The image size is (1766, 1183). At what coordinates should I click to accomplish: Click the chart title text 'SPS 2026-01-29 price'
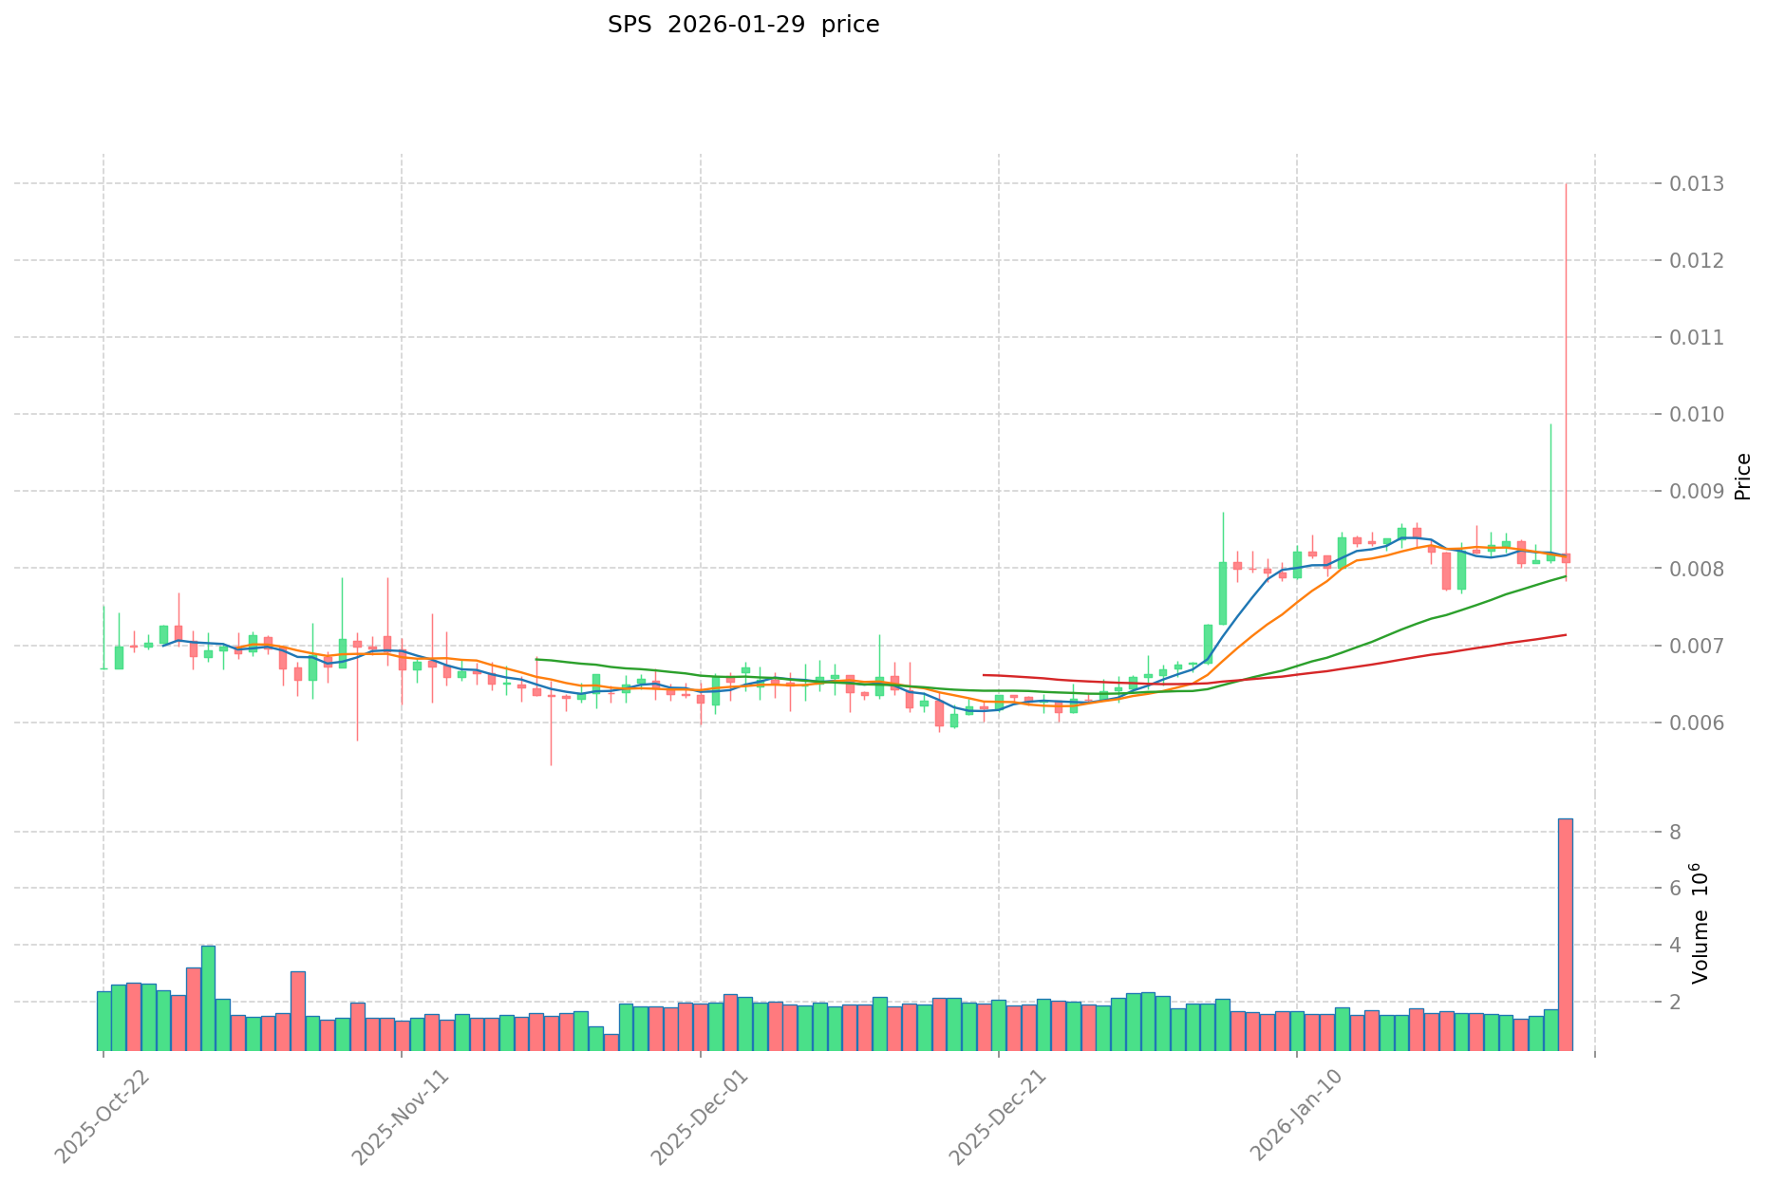743,25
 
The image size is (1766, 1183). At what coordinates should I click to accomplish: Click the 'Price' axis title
1742,477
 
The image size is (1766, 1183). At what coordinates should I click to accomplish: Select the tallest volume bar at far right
1565,935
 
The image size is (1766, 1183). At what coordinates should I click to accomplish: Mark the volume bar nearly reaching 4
208,997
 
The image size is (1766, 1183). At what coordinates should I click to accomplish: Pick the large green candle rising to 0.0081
1223,592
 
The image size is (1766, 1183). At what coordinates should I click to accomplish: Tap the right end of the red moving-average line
1566,634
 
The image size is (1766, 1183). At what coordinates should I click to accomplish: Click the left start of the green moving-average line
536,658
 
